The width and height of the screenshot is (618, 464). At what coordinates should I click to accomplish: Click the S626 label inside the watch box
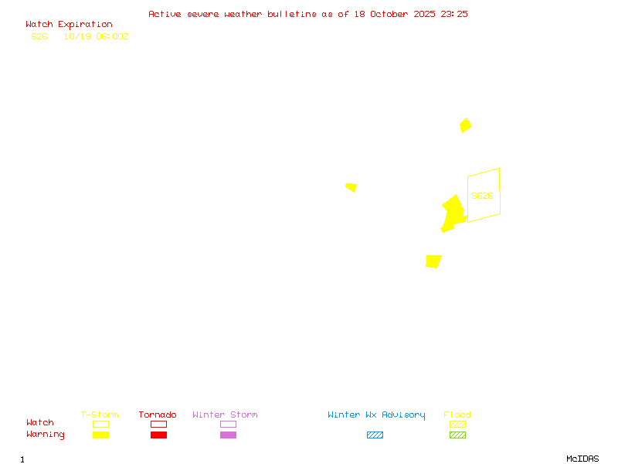[x=482, y=196]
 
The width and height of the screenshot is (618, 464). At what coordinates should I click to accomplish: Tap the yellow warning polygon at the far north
[x=465, y=125]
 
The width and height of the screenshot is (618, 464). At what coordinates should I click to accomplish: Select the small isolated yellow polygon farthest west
[x=351, y=187]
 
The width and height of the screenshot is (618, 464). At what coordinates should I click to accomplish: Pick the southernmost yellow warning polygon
[x=433, y=261]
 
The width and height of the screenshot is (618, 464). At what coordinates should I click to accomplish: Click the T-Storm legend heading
[x=100, y=415]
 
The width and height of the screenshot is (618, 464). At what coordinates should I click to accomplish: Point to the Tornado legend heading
[x=158, y=415]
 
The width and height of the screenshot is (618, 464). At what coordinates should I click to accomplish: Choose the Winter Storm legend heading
[x=225, y=415]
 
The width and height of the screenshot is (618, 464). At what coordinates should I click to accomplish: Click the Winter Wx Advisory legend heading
[x=376, y=415]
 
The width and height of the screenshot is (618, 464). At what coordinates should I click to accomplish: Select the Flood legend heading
[x=457, y=415]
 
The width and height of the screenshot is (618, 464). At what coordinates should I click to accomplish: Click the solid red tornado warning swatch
[x=158, y=435]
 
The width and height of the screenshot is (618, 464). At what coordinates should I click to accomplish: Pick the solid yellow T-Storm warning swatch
[x=100, y=435]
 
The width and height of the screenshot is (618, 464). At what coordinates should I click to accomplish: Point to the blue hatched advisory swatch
[x=375, y=435]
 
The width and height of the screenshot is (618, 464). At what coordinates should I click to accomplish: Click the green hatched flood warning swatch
[x=457, y=435]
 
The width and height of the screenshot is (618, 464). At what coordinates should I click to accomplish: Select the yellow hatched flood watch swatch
[x=457, y=424]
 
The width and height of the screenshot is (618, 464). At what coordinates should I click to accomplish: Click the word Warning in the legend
[x=46, y=435]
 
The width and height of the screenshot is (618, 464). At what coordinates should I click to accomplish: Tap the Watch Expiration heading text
[x=69, y=25]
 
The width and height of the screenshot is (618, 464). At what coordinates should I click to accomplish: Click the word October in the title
[x=390, y=14]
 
